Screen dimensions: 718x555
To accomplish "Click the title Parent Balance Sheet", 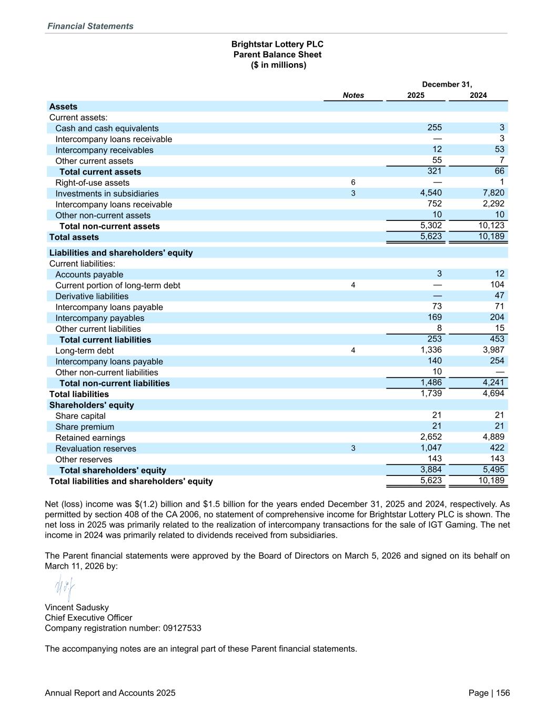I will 277,55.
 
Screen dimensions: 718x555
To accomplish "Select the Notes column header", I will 353,95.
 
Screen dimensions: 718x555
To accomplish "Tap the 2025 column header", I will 416,95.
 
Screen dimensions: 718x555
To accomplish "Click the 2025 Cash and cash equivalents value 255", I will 435,127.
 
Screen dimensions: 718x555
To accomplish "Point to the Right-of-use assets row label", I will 92,183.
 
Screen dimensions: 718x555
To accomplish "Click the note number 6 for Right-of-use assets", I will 353,182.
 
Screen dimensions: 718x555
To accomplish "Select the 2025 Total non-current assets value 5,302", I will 431,225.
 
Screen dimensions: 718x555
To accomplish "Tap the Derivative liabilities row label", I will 92,296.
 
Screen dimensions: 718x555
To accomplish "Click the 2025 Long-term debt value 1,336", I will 431,350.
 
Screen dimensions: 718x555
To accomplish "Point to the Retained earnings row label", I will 90,438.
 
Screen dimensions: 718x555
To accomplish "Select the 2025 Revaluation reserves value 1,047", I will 431,448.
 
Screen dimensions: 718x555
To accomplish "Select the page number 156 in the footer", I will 503,693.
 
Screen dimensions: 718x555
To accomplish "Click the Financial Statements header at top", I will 90,26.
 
